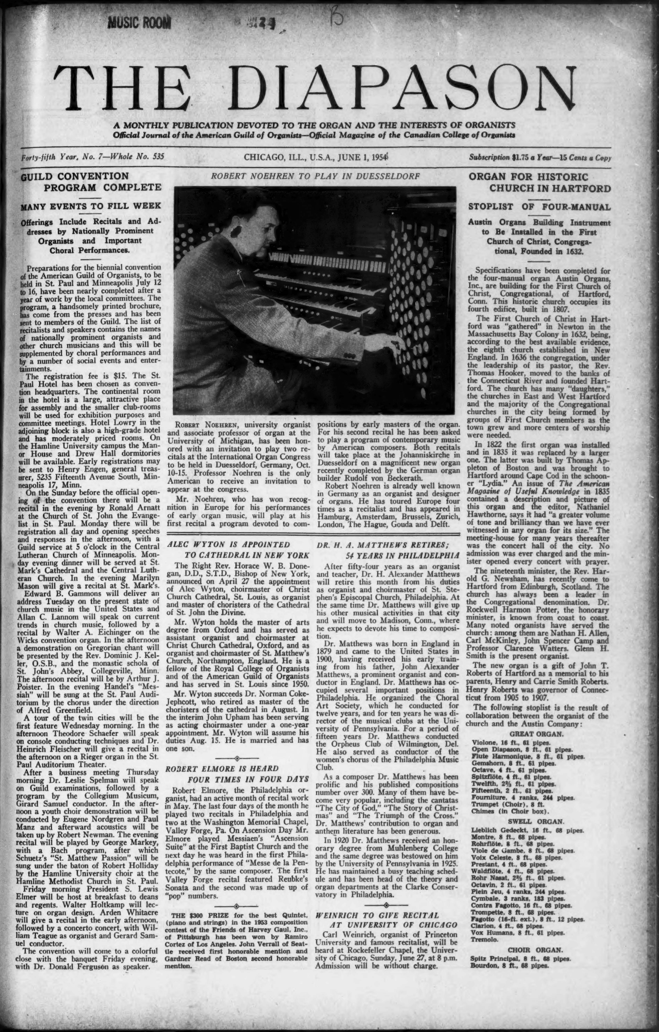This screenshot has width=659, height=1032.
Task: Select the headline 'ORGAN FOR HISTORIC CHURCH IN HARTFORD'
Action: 539,182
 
